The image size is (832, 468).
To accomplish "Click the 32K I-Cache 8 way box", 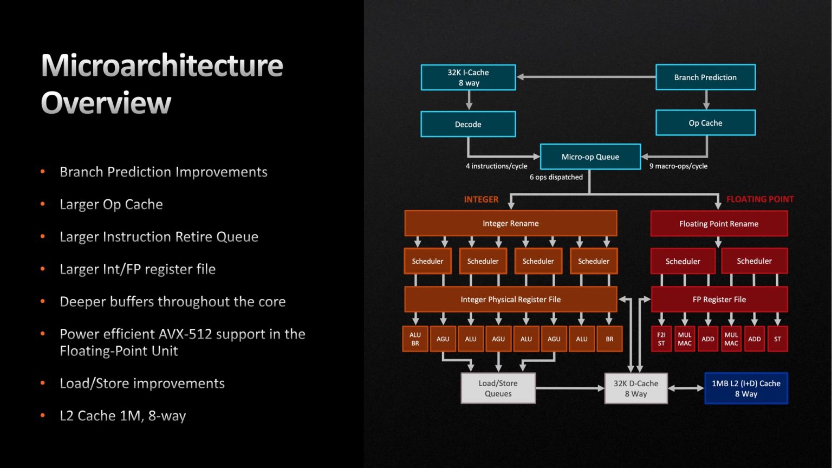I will pyautogui.click(x=468, y=77).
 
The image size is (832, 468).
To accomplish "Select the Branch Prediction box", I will pyautogui.click(x=705, y=77).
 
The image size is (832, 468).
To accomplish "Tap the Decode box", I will pyautogui.click(x=468, y=125).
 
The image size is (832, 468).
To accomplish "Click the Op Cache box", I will pyautogui.click(x=705, y=123).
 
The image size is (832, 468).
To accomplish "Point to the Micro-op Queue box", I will pyautogui.click(x=590, y=157).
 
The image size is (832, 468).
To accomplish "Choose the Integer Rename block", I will pyautogui.click(x=510, y=223).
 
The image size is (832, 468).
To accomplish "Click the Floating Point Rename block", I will pyautogui.click(x=719, y=224).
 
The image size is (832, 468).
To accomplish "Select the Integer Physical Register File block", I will pyautogui.click(x=510, y=300).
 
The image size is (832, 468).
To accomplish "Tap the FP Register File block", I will pyautogui.click(x=719, y=300).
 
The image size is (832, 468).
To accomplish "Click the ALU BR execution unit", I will pyautogui.click(x=415, y=339).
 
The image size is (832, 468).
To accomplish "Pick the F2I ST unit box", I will pyautogui.click(x=661, y=339).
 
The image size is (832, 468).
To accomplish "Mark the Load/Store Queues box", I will pyautogui.click(x=498, y=388).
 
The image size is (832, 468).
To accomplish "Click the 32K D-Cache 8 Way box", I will pyautogui.click(x=635, y=388).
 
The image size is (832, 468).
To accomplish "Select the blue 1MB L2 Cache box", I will pyautogui.click(x=746, y=388).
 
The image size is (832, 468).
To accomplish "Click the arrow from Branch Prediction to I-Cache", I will pyautogui.click(x=585, y=77).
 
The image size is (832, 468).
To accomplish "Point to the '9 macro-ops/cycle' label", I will pyautogui.click(x=678, y=166).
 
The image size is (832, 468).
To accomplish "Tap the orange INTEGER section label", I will pyautogui.click(x=481, y=199).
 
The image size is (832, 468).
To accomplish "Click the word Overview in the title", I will pyautogui.click(x=106, y=103).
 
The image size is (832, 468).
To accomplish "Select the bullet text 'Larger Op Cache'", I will pyautogui.click(x=111, y=204).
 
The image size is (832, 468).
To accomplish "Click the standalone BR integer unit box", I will pyautogui.click(x=609, y=339).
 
